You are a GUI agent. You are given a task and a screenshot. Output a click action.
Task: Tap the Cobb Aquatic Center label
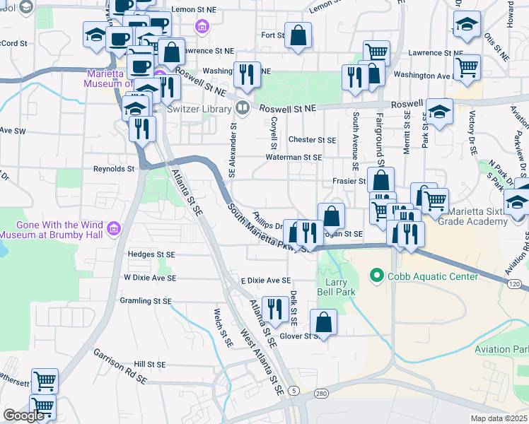[422, 276]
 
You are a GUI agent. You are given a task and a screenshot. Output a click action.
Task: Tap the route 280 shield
[322, 392]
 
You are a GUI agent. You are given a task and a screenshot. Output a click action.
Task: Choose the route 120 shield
[514, 283]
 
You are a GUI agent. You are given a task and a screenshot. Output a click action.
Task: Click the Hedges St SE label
[151, 254]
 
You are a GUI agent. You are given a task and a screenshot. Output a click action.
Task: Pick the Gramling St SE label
[148, 301]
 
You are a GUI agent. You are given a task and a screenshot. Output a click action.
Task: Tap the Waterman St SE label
[293, 158]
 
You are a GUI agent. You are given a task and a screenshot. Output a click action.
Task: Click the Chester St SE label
[312, 140]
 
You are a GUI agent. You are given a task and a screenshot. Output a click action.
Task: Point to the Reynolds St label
[114, 169]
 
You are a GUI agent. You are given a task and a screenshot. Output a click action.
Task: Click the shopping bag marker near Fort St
[298, 34]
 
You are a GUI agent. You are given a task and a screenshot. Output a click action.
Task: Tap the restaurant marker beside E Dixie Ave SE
[274, 308]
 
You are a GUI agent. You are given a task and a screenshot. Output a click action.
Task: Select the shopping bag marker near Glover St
[323, 322]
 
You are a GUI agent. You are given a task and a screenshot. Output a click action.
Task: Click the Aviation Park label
[502, 350]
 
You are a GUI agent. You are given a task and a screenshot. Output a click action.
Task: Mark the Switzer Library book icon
[243, 108]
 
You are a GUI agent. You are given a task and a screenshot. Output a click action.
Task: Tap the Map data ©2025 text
[499, 418]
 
